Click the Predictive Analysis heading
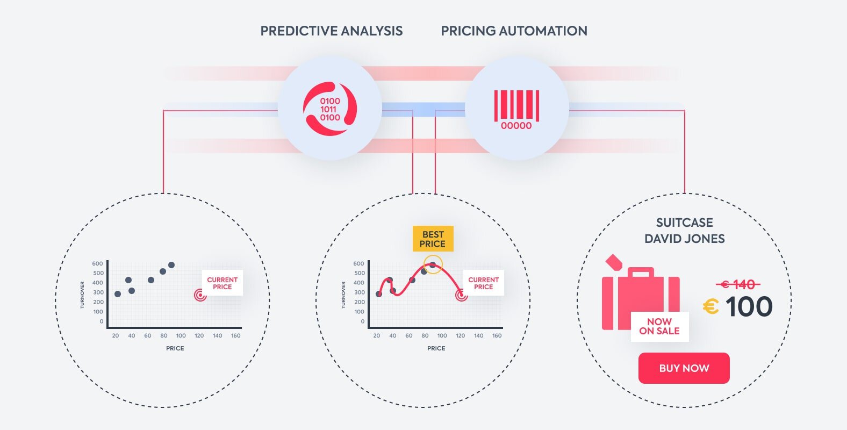pos(331,31)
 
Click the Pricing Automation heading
pos(514,31)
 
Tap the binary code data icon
pos(330,109)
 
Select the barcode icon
pos(516,110)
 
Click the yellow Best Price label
pos(433,239)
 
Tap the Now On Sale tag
pos(660,326)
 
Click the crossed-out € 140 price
pos(738,284)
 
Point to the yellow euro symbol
pos(711,306)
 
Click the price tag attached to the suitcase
pos(614,262)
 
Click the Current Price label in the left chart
pos(222,283)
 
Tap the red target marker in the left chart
pos(200,295)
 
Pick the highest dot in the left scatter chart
pos(171,265)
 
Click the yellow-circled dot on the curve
pos(433,265)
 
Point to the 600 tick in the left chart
pos(98,263)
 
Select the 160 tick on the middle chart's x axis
pos(497,335)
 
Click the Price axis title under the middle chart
pos(436,348)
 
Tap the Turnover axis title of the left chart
pos(82,295)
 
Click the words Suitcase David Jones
pos(684,230)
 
